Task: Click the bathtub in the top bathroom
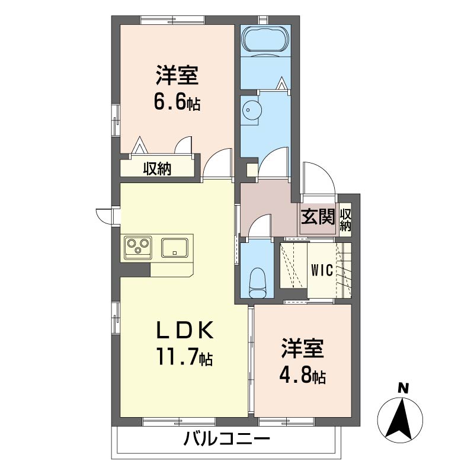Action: pyautogui.click(x=265, y=40)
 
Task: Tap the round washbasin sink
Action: pyautogui.click(x=251, y=110)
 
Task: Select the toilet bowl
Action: pyautogui.click(x=259, y=283)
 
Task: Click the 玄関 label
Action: pyautogui.click(x=318, y=217)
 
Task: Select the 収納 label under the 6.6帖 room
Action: pyautogui.click(x=157, y=169)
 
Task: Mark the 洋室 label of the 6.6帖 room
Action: pyautogui.click(x=176, y=77)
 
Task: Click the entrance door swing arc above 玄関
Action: pyautogui.click(x=318, y=178)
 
